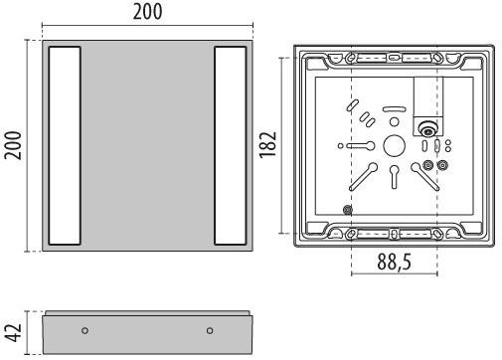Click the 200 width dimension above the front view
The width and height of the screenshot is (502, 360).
[147, 12]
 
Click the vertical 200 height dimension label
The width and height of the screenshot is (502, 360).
[13, 145]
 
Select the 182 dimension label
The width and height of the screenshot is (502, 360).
[267, 145]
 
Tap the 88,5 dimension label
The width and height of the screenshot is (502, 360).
[395, 262]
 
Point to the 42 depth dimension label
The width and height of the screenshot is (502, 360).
[15, 332]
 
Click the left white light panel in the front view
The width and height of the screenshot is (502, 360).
[65, 145]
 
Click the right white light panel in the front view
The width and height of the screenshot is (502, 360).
[231, 145]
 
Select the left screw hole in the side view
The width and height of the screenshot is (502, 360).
[84, 330]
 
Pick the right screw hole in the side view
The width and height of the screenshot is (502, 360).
[210, 330]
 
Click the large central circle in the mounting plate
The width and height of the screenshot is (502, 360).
[394, 146]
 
